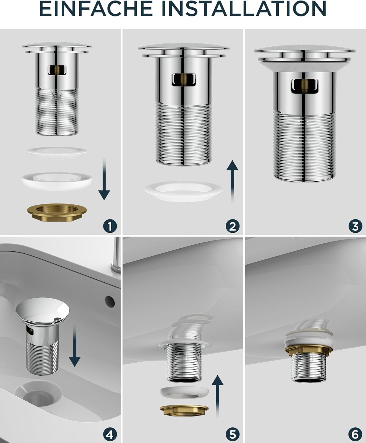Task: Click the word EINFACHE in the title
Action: click(96, 9)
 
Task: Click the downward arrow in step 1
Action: click(104, 179)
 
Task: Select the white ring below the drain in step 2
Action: click(184, 191)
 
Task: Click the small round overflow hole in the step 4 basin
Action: click(110, 301)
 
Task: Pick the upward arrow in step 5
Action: click(217, 396)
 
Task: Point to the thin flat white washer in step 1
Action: click(57, 152)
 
